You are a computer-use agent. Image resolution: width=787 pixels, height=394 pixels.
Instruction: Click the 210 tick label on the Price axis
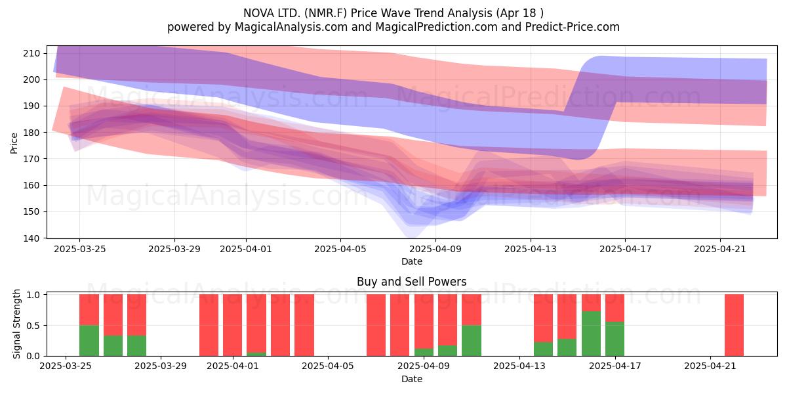tap(32, 53)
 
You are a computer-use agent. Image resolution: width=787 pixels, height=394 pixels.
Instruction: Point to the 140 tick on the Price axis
tap(32, 238)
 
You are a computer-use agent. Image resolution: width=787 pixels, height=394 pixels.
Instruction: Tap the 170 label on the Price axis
tap(32, 159)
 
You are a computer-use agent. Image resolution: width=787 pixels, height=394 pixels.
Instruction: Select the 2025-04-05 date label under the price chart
tap(340, 249)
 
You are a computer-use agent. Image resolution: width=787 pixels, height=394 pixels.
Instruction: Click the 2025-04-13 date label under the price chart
tap(531, 249)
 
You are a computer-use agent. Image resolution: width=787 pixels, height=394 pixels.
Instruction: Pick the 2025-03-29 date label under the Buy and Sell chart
tap(161, 366)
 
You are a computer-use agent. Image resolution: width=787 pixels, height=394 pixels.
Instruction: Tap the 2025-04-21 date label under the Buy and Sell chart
tap(710, 366)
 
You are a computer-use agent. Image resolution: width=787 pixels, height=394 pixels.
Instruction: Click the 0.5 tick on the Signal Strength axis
tap(33, 326)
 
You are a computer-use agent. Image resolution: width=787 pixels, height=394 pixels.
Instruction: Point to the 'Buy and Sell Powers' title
tap(411, 282)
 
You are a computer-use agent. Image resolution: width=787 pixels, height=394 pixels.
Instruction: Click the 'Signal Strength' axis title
tap(16, 324)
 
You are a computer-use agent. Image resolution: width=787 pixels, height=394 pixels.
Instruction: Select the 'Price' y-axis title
tap(14, 143)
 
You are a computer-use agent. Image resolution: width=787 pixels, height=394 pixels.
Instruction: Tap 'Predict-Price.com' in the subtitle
tap(573, 27)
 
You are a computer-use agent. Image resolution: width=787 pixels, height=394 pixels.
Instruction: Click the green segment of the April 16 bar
tap(591, 334)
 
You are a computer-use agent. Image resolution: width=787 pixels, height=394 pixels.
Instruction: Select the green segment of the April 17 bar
tap(615, 339)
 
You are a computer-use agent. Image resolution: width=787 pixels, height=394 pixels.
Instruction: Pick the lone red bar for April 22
tap(735, 325)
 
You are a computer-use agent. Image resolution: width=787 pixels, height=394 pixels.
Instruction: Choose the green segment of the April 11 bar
tap(472, 341)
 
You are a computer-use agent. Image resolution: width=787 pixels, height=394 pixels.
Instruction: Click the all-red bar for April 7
tap(376, 325)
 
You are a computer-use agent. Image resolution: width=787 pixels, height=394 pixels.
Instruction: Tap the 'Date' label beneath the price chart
tap(412, 261)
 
